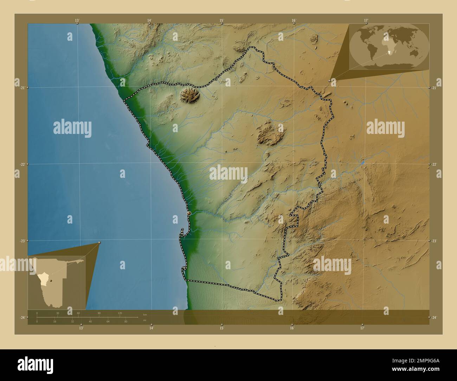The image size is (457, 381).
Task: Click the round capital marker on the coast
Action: pyautogui.click(x=189, y=213)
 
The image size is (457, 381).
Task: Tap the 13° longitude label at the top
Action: pyautogui.click(x=77, y=20)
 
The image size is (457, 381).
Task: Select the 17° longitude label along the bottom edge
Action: pyautogui.click(x=362, y=328)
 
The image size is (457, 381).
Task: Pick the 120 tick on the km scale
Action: pyautogui.click(x=120, y=313)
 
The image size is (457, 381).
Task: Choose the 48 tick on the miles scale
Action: pyautogui.click(x=90, y=321)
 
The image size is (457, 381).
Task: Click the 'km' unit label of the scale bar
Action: pyautogui.click(x=145, y=314)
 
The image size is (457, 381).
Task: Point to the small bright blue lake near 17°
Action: pyautogui.click(x=362, y=163)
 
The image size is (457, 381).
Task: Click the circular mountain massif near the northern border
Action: pyautogui.click(x=190, y=95)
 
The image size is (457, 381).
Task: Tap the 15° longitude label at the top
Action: pyautogui.click(x=221, y=20)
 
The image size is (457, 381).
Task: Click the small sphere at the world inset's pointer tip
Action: pyautogui.click(x=330, y=80)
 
